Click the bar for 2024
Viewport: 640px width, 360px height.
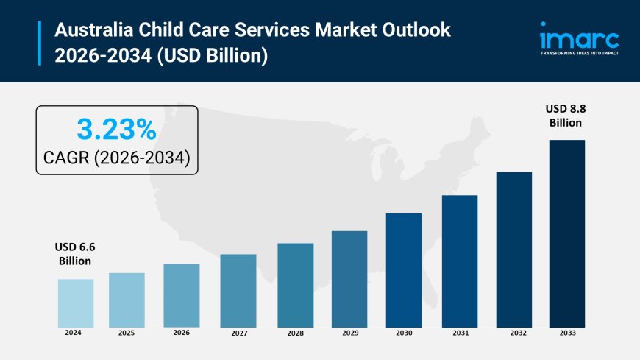pyautogui.click(x=76, y=303)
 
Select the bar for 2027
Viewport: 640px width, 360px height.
pyautogui.click(x=238, y=291)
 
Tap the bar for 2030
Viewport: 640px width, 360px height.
pyautogui.click(x=404, y=270)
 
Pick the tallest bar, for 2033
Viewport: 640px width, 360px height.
pyautogui.click(x=566, y=233)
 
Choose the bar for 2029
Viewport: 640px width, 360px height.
pyautogui.click(x=349, y=279)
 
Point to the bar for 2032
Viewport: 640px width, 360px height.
pyautogui.click(x=513, y=250)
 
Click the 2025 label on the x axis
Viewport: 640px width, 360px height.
pyautogui.click(x=126, y=333)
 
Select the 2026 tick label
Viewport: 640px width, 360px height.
pyautogui.click(x=181, y=333)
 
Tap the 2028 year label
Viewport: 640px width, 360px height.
pyautogui.click(x=295, y=333)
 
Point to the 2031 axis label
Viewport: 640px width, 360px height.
pyautogui.click(x=460, y=333)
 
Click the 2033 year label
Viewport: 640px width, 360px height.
pyautogui.click(x=566, y=333)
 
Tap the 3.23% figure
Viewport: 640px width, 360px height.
pyautogui.click(x=116, y=130)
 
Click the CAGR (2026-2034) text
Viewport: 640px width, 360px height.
pyautogui.click(x=116, y=158)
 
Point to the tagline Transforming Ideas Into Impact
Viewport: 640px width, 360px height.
pyautogui.click(x=579, y=54)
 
